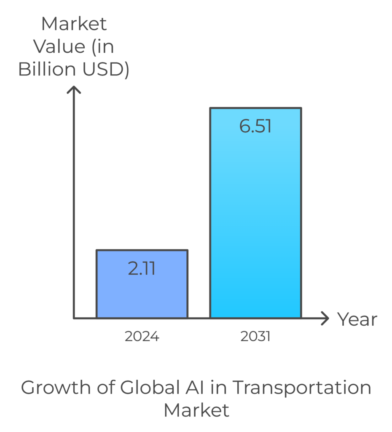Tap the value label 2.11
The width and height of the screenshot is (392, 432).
pos(142,269)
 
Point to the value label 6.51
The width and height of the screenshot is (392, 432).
pos(255,126)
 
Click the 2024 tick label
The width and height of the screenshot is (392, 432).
pos(142,337)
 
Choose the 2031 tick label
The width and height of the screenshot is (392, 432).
pos(255,337)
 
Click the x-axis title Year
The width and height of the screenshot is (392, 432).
pos(357,319)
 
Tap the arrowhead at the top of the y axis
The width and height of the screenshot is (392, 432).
pos(74,89)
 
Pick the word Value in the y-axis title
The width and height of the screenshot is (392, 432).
pos(59,46)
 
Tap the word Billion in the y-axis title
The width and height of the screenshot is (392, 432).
pos(46,70)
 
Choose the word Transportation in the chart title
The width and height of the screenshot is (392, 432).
pos(302,387)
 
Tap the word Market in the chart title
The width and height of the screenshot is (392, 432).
pos(196,410)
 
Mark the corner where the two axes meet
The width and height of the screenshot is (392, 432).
pos(74,318)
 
